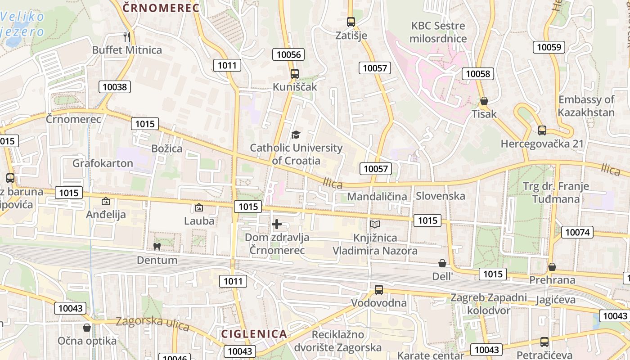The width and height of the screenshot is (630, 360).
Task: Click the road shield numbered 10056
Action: pos(288,55)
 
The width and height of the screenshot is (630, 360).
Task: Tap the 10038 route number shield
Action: pos(115,87)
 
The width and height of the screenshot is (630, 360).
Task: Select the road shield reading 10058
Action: pos(478,74)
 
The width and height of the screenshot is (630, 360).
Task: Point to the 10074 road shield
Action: pos(577,232)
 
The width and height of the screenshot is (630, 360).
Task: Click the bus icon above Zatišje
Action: pos(351,22)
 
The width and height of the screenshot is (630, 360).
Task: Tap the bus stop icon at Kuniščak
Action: pos(295,74)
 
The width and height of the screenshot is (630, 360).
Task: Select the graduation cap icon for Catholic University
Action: pos(296,135)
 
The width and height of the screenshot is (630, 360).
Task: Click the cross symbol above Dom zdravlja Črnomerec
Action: pos(277,224)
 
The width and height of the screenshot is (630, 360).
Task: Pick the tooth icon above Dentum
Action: pos(157,247)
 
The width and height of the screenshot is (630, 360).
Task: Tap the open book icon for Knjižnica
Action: pos(375,224)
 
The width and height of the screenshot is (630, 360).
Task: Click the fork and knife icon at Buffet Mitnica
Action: pos(126,36)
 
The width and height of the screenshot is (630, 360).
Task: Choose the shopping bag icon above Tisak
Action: pos(484,101)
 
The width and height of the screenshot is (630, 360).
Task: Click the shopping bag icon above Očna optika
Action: pos(87,328)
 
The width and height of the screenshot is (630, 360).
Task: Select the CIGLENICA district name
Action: pos(254,334)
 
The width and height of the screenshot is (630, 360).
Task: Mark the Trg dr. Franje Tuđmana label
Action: pos(556,192)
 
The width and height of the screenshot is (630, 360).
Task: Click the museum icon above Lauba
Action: pos(198,207)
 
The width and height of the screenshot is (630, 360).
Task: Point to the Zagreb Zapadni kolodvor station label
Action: pos(489,304)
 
